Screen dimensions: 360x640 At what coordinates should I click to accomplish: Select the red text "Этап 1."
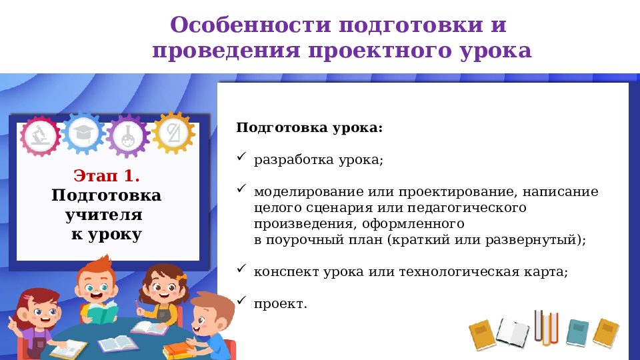[107, 176]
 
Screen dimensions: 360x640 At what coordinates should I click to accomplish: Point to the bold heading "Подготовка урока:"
[309, 127]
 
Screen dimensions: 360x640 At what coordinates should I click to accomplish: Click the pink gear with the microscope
[41, 135]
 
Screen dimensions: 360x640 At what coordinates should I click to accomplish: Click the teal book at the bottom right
[577, 332]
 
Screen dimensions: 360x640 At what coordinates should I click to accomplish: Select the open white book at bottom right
[513, 331]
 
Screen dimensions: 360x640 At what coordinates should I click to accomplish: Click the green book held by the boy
[102, 313]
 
